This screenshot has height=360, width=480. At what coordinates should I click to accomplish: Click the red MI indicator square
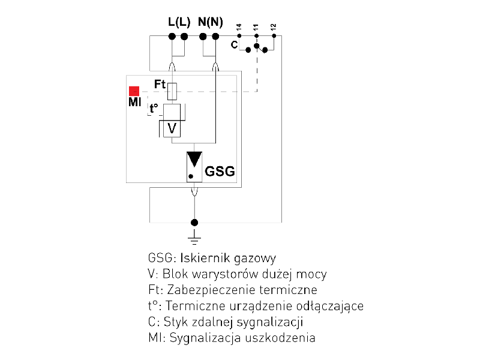pyautogui.click(x=134, y=91)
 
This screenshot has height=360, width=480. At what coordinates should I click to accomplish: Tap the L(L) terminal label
pyautogui.click(x=179, y=23)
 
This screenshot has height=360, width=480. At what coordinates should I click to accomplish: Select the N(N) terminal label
pyautogui.click(x=210, y=23)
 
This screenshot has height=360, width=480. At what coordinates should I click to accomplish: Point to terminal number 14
pyautogui.click(x=239, y=28)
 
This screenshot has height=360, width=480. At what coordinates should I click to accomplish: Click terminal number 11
pyautogui.click(x=256, y=28)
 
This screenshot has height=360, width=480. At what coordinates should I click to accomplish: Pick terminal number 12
pyautogui.click(x=274, y=28)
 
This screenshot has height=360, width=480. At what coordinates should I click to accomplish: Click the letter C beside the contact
pyautogui.click(x=235, y=44)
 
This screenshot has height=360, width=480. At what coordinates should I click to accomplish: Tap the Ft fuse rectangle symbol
pyautogui.click(x=173, y=91)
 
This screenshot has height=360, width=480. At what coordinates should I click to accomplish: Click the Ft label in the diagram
pyautogui.click(x=160, y=85)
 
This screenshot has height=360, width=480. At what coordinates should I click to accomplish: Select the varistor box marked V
pyautogui.click(x=172, y=128)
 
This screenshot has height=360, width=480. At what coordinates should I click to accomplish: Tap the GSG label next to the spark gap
pyautogui.click(x=220, y=172)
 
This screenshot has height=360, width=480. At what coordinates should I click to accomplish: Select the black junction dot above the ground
pyautogui.click(x=193, y=222)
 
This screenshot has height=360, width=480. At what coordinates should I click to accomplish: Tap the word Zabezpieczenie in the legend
pyautogui.click(x=203, y=290)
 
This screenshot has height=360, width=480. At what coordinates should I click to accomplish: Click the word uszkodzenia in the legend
pyautogui.click(x=284, y=338)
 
